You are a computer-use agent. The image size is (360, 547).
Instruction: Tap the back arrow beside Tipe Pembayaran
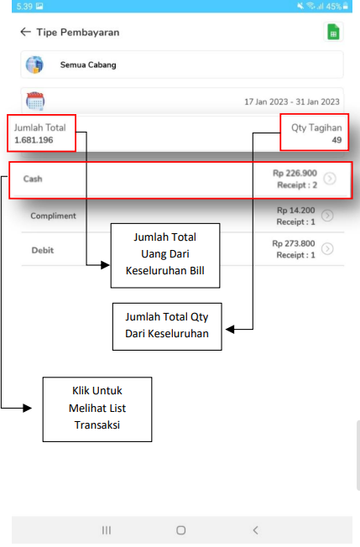(25, 32)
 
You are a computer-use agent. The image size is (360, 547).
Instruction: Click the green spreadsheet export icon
(333, 32)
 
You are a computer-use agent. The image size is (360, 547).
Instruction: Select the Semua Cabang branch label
(88, 65)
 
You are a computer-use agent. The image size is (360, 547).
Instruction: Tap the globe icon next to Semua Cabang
(34, 65)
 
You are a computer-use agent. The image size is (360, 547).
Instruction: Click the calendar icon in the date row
(35, 102)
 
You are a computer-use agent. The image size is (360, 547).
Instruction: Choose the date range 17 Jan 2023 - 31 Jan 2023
(292, 102)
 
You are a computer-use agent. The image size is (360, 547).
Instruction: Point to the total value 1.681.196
(34, 140)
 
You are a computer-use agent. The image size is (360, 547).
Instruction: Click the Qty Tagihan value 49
(337, 140)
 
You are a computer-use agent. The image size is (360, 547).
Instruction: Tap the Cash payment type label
(33, 179)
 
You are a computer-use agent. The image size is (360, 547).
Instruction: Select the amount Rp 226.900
(295, 173)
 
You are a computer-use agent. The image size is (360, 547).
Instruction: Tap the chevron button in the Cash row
(330, 179)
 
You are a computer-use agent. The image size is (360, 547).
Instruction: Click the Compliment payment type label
(53, 216)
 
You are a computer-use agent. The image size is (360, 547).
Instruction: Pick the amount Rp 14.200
(296, 211)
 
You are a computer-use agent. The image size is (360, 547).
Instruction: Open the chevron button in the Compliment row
(327, 216)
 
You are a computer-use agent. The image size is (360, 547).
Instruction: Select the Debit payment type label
(43, 250)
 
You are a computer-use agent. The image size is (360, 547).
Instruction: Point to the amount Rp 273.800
(294, 243)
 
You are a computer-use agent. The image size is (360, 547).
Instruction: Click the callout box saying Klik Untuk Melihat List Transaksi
(97, 409)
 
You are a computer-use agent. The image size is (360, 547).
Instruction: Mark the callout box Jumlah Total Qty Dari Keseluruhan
(167, 326)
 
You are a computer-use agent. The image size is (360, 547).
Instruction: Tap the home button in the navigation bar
(180, 530)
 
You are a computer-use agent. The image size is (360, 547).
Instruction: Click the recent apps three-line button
(107, 530)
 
